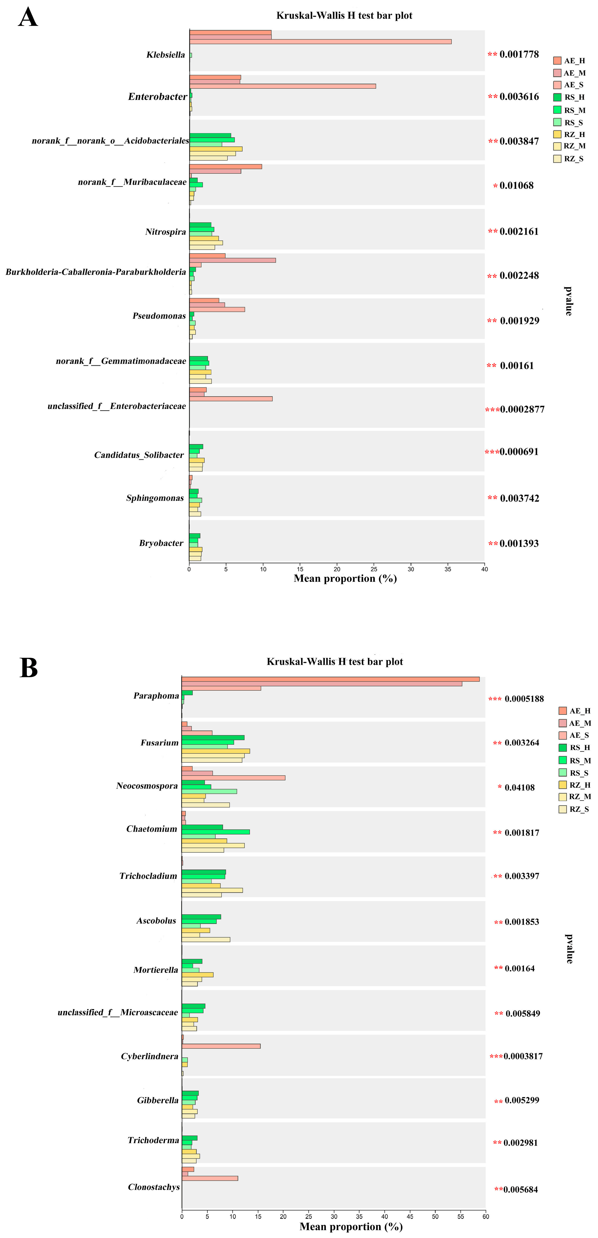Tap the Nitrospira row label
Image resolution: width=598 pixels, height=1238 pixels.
coord(165,232)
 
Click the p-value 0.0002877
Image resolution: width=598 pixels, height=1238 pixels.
coord(522,410)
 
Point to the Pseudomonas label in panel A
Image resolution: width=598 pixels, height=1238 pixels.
coord(159,316)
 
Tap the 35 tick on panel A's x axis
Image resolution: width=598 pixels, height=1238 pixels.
coord(448,569)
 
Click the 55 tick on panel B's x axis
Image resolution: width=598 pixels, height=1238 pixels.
coord(461,1216)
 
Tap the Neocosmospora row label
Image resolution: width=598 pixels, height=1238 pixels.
coord(147,786)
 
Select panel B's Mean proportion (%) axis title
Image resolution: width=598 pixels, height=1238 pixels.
coord(351,1226)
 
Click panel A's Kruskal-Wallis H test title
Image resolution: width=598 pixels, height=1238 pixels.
coord(344,15)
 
